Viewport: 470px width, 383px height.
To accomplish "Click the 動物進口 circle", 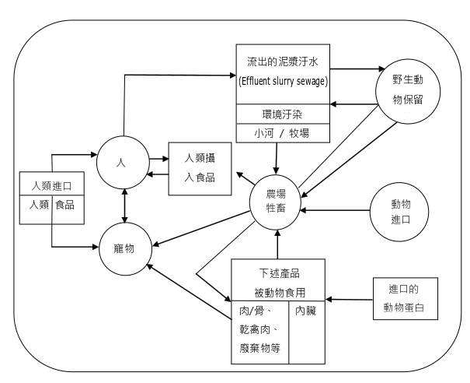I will (x=400, y=211).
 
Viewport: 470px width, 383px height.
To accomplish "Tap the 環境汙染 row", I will (x=282, y=114).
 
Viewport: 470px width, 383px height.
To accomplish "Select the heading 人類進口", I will (x=52, y=186).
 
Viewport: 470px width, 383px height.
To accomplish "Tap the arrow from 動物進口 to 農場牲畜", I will (x=336, y=209).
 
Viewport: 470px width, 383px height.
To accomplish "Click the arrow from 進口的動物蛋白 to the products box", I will (x=350, y=298).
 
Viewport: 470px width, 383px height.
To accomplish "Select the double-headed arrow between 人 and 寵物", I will (x=125, y=206).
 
